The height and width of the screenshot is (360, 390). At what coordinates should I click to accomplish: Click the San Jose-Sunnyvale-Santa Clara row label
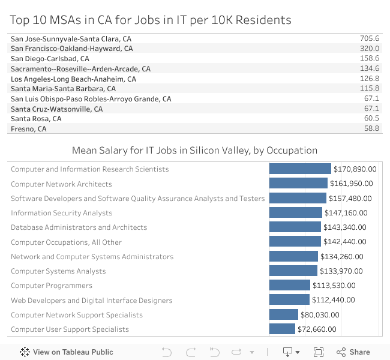click(71, 38)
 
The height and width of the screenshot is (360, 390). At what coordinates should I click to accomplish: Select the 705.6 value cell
click(369, 38)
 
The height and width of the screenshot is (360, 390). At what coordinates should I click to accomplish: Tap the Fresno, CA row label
click(28, 128)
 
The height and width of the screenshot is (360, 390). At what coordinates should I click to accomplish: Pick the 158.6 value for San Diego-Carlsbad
click(369, 59)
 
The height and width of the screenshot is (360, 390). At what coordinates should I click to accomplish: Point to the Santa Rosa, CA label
click(36, 119)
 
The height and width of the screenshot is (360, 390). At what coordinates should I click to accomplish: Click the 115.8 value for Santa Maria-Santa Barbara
click(369, 89)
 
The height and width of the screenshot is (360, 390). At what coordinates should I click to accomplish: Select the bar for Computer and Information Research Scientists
click(300, 169)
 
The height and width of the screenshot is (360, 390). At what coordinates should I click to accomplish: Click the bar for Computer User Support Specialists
click(282, 329)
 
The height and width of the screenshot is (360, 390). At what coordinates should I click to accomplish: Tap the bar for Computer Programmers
click(290, 286)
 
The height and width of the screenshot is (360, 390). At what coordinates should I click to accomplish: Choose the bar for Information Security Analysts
click(296, 213)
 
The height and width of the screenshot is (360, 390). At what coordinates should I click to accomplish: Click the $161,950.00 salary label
click(352, 184)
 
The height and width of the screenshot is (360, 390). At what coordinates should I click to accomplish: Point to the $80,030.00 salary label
click(320, 315)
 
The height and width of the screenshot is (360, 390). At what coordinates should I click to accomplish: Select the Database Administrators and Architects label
click(79, 227)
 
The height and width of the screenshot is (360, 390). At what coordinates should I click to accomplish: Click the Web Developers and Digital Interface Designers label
click(91, 301)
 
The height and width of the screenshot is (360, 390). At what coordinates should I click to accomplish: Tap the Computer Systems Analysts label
click(58, 271)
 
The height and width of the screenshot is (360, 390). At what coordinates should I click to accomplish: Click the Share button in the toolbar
click(353, 352)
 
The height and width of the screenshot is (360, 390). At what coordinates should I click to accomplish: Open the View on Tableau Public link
click(67, 352)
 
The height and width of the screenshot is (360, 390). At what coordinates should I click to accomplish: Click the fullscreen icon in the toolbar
click(319, 352)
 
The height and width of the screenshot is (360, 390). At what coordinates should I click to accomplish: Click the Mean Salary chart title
click(194, 150)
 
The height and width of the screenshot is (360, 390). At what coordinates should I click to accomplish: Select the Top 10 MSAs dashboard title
click(151, 20)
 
